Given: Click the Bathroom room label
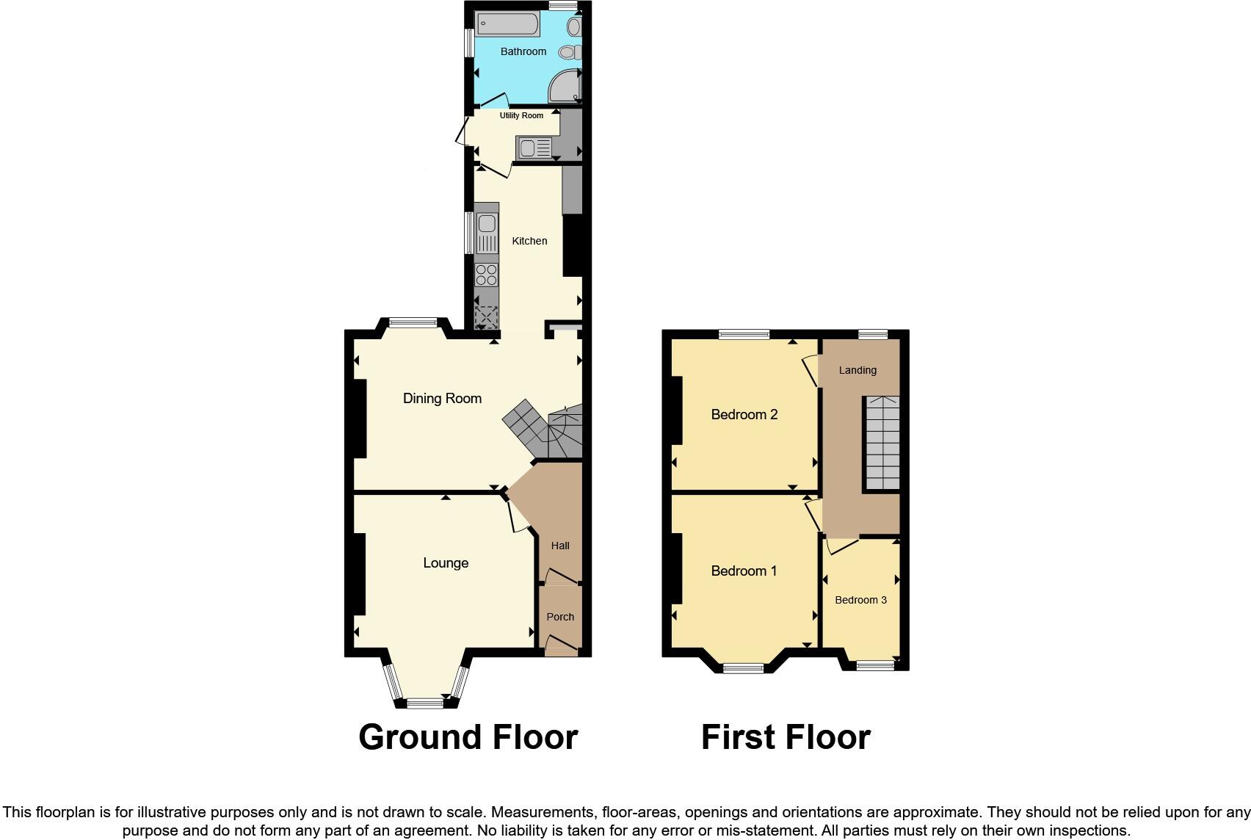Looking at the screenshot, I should [523, 51].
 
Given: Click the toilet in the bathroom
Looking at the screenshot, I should [570, 52].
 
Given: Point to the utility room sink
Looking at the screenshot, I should [534, 148].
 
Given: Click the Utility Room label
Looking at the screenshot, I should [521, 115].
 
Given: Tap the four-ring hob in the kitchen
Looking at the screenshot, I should [486, 275].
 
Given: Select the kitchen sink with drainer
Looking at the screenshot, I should [486, 233].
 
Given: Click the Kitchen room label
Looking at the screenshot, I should [529, 241].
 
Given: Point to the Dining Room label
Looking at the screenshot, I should [442, 398].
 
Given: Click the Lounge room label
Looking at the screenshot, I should [445, 563].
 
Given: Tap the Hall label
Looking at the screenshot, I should [560, 546].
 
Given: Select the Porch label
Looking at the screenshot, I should [560, 617].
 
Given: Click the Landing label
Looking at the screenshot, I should [857, 370].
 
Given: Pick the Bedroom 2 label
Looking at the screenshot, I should [744, 415].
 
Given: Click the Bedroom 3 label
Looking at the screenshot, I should [860, 600].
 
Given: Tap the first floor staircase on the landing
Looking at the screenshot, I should [881, 443].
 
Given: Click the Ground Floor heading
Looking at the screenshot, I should [468, 736].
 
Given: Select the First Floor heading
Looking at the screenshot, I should [785, 736].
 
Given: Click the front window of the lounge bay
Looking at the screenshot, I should [425, 703].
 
